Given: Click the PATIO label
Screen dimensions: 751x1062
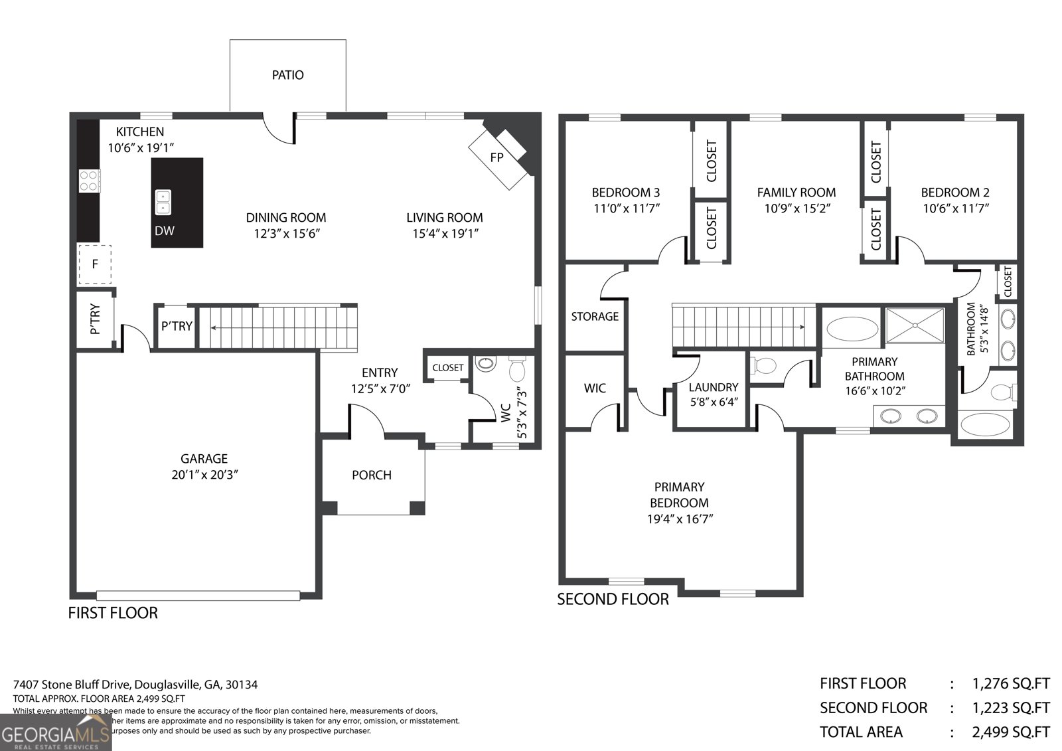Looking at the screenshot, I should click(287, 75).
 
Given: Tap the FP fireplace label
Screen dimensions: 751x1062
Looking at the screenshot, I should click(496, 157).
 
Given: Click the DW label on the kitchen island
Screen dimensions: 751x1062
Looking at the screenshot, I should click(165, 231).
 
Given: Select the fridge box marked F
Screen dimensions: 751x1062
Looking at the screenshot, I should click(95, 264).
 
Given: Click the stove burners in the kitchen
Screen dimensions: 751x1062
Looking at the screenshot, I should click(90, 181).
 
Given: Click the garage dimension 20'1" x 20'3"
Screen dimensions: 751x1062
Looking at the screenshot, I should click(204, 475).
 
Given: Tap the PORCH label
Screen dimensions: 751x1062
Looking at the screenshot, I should click(371, 475).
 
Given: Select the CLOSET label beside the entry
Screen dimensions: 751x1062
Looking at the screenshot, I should click(447, 368).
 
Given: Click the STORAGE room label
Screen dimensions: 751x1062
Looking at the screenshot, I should click(595, 317).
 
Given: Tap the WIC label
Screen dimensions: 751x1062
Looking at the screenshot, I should click(595, 388).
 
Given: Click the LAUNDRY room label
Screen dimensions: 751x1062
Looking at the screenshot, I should click(713, 387).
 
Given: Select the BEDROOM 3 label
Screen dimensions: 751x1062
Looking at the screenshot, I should click(625, 193).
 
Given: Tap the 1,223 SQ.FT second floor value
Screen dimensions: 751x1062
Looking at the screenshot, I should click(1011, 708).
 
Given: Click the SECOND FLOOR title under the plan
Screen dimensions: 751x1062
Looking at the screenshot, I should click(613, 600).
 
